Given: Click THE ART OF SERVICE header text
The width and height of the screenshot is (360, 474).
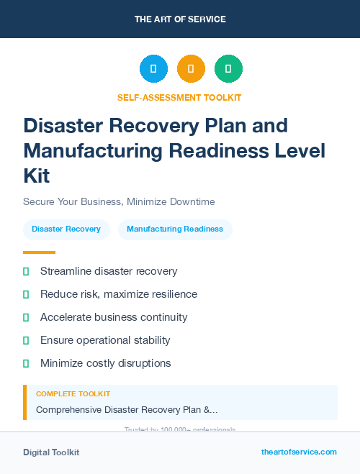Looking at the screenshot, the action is [180, 19].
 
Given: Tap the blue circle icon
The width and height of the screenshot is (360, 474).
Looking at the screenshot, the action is [153, 68].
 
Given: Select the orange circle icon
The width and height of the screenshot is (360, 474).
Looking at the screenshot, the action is [191, 68].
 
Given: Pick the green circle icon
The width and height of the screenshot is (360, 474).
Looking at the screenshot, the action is [228, 68].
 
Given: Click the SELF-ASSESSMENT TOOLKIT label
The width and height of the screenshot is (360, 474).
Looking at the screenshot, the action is [179, 97].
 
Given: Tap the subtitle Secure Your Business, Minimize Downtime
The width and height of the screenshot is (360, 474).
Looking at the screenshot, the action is [119, 201].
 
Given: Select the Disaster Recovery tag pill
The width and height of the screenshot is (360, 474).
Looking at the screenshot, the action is [66, 229].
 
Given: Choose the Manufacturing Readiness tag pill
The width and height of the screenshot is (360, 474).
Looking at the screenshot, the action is [175, 229].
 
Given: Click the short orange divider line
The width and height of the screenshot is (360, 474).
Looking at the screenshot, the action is [39, 252].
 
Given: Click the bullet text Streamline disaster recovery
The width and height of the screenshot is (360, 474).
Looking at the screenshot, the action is [109, 271].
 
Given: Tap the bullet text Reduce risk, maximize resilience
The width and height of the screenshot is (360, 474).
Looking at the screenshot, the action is [119, 294].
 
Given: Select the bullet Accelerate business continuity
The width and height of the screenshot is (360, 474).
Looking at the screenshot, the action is [114, 317].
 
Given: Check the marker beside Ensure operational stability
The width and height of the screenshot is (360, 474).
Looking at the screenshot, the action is [26, 340].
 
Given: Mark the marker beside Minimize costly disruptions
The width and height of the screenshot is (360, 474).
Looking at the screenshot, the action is [26, 363].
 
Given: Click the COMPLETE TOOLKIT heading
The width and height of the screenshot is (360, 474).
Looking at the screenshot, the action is [73, 394].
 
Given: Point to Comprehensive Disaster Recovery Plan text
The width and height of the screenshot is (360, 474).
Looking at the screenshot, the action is [127, 410].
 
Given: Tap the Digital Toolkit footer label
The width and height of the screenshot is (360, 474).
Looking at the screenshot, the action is [51, 452].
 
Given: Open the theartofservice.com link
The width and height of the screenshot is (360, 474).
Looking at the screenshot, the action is [299, 452].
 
